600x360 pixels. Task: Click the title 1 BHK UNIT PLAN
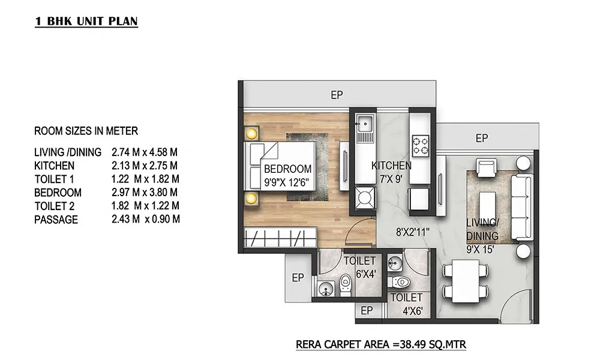point(86,21)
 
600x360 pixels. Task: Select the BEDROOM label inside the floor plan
point(288,169)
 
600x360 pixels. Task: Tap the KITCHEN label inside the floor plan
point(391,166)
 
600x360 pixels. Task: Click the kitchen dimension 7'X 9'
point(391,179)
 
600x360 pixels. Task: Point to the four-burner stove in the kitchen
point(420,146)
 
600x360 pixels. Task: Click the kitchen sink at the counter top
point(365,124)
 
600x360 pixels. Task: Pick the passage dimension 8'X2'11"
point(413,232)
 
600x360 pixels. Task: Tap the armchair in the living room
point(487,168)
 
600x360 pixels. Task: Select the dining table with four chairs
point(466,281)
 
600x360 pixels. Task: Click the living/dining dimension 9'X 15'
point(480,250)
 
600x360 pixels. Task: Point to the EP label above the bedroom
point(337,95)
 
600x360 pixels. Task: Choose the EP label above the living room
point(482,138)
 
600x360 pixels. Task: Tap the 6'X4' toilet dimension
point(366,274)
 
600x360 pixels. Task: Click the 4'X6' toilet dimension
point(413,311)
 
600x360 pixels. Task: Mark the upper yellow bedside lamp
point(251,134)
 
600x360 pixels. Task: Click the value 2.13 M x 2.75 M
point(145,166)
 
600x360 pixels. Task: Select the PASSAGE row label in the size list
point(56,220)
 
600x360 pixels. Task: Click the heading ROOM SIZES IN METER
point(86,131)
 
